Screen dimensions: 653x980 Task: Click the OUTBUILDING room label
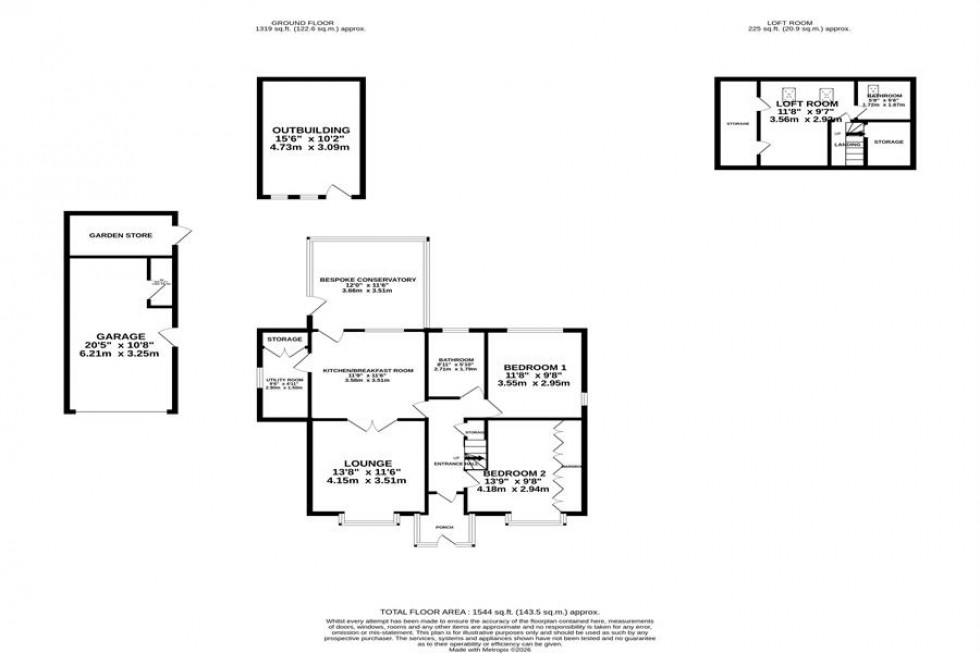pos(311,130)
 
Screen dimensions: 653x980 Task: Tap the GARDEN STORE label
pos(113,235)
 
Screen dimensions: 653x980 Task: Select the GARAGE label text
pos(121,336)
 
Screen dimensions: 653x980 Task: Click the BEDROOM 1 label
pos(535,366)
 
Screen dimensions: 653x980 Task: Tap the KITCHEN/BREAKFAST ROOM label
pos(367,371)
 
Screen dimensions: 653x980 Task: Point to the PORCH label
pos(444,527)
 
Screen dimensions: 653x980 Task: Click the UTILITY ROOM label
pos(284,380)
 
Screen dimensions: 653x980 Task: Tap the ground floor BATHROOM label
pos(455,360)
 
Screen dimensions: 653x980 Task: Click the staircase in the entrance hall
pos(473,448)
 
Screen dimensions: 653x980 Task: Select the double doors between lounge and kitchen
pos(367,425)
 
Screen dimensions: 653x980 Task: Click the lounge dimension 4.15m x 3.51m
pos(366,481)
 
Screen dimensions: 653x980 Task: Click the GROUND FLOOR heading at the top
pos(310,21)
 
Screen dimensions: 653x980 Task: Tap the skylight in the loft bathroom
pos(874,88)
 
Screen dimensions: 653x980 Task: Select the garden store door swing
pos(181,236)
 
